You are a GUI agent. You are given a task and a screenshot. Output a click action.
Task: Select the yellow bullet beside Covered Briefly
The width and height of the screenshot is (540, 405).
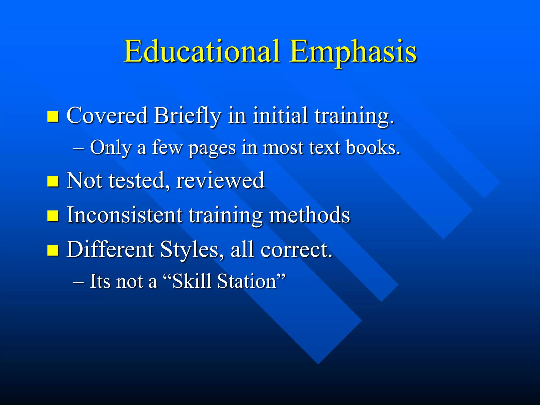click(x=53, y=116)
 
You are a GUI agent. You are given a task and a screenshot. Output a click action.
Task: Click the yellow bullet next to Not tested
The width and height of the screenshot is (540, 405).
click(x=53, y=181)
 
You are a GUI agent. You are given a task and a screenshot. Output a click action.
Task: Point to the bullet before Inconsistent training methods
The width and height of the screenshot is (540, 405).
click(x=53, y=215)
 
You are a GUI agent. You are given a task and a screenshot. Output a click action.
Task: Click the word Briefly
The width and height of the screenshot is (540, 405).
click(x=187, y=116)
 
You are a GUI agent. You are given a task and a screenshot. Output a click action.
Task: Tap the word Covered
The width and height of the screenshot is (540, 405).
click(x=107, y=116)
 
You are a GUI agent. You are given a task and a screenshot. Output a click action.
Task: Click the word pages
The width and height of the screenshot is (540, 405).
click(x=212, y=148)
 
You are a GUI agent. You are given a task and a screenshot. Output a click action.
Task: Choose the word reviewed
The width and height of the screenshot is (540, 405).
click(x=220, y=181)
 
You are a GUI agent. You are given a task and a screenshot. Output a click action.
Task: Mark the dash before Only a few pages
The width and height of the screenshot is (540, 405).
click(x=78, y=149)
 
